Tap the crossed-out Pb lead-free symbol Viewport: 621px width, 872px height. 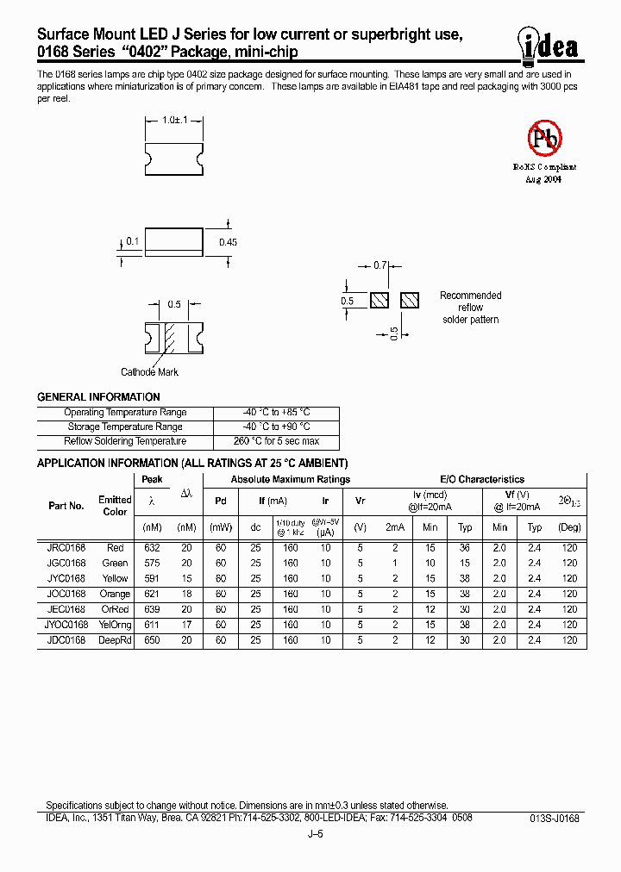[x=544, y=138]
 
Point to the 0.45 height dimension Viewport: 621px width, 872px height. [x=227, y=243]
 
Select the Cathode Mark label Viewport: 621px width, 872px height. [x=149, y=372]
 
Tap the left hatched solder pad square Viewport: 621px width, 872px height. [x=379, y=301]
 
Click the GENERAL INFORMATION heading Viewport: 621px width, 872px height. [x=98, y=397]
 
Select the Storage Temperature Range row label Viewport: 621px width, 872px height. [x=125, y=427]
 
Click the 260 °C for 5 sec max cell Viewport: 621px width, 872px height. [x=275, y=441]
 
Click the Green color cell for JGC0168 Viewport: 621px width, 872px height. [x=115, y=564]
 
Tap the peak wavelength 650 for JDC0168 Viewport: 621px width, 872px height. [x=151, y=640]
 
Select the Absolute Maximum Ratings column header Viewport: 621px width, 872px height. [x=290, y=480]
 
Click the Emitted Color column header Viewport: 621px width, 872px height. [x=115, y=506]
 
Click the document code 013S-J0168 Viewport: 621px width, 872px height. [x=554, y=818]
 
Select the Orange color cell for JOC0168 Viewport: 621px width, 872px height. [x=115, y=594]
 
